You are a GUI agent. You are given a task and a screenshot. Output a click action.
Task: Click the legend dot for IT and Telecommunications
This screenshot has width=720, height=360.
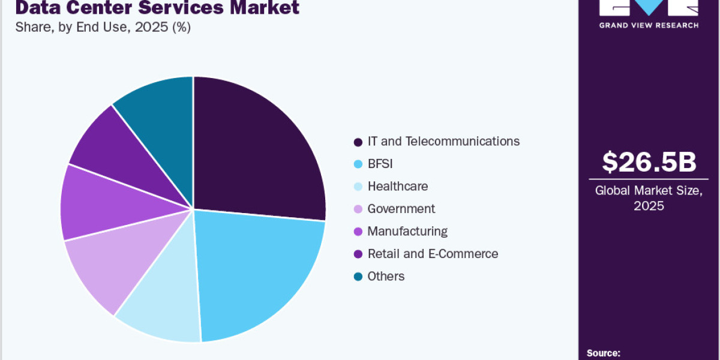tap(358, 142)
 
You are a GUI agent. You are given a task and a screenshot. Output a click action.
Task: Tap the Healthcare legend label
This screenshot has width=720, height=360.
tap(398, 186)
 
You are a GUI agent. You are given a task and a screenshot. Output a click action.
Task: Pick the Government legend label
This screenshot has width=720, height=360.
tap(401, 209)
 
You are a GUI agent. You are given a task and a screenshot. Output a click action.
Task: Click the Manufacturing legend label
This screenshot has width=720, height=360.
tap(407, 231)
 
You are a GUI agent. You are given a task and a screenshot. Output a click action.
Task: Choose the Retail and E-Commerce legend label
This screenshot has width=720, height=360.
tap(433, 254)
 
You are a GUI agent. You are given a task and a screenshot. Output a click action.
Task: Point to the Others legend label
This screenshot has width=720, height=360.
tap(386, 276)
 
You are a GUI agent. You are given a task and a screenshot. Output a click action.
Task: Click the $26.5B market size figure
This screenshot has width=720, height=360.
tap(649, 162)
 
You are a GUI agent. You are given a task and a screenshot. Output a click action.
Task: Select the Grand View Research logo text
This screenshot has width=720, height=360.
tap(649, 25)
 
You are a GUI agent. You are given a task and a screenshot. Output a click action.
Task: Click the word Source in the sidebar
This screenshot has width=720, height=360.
tap(603, 353)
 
